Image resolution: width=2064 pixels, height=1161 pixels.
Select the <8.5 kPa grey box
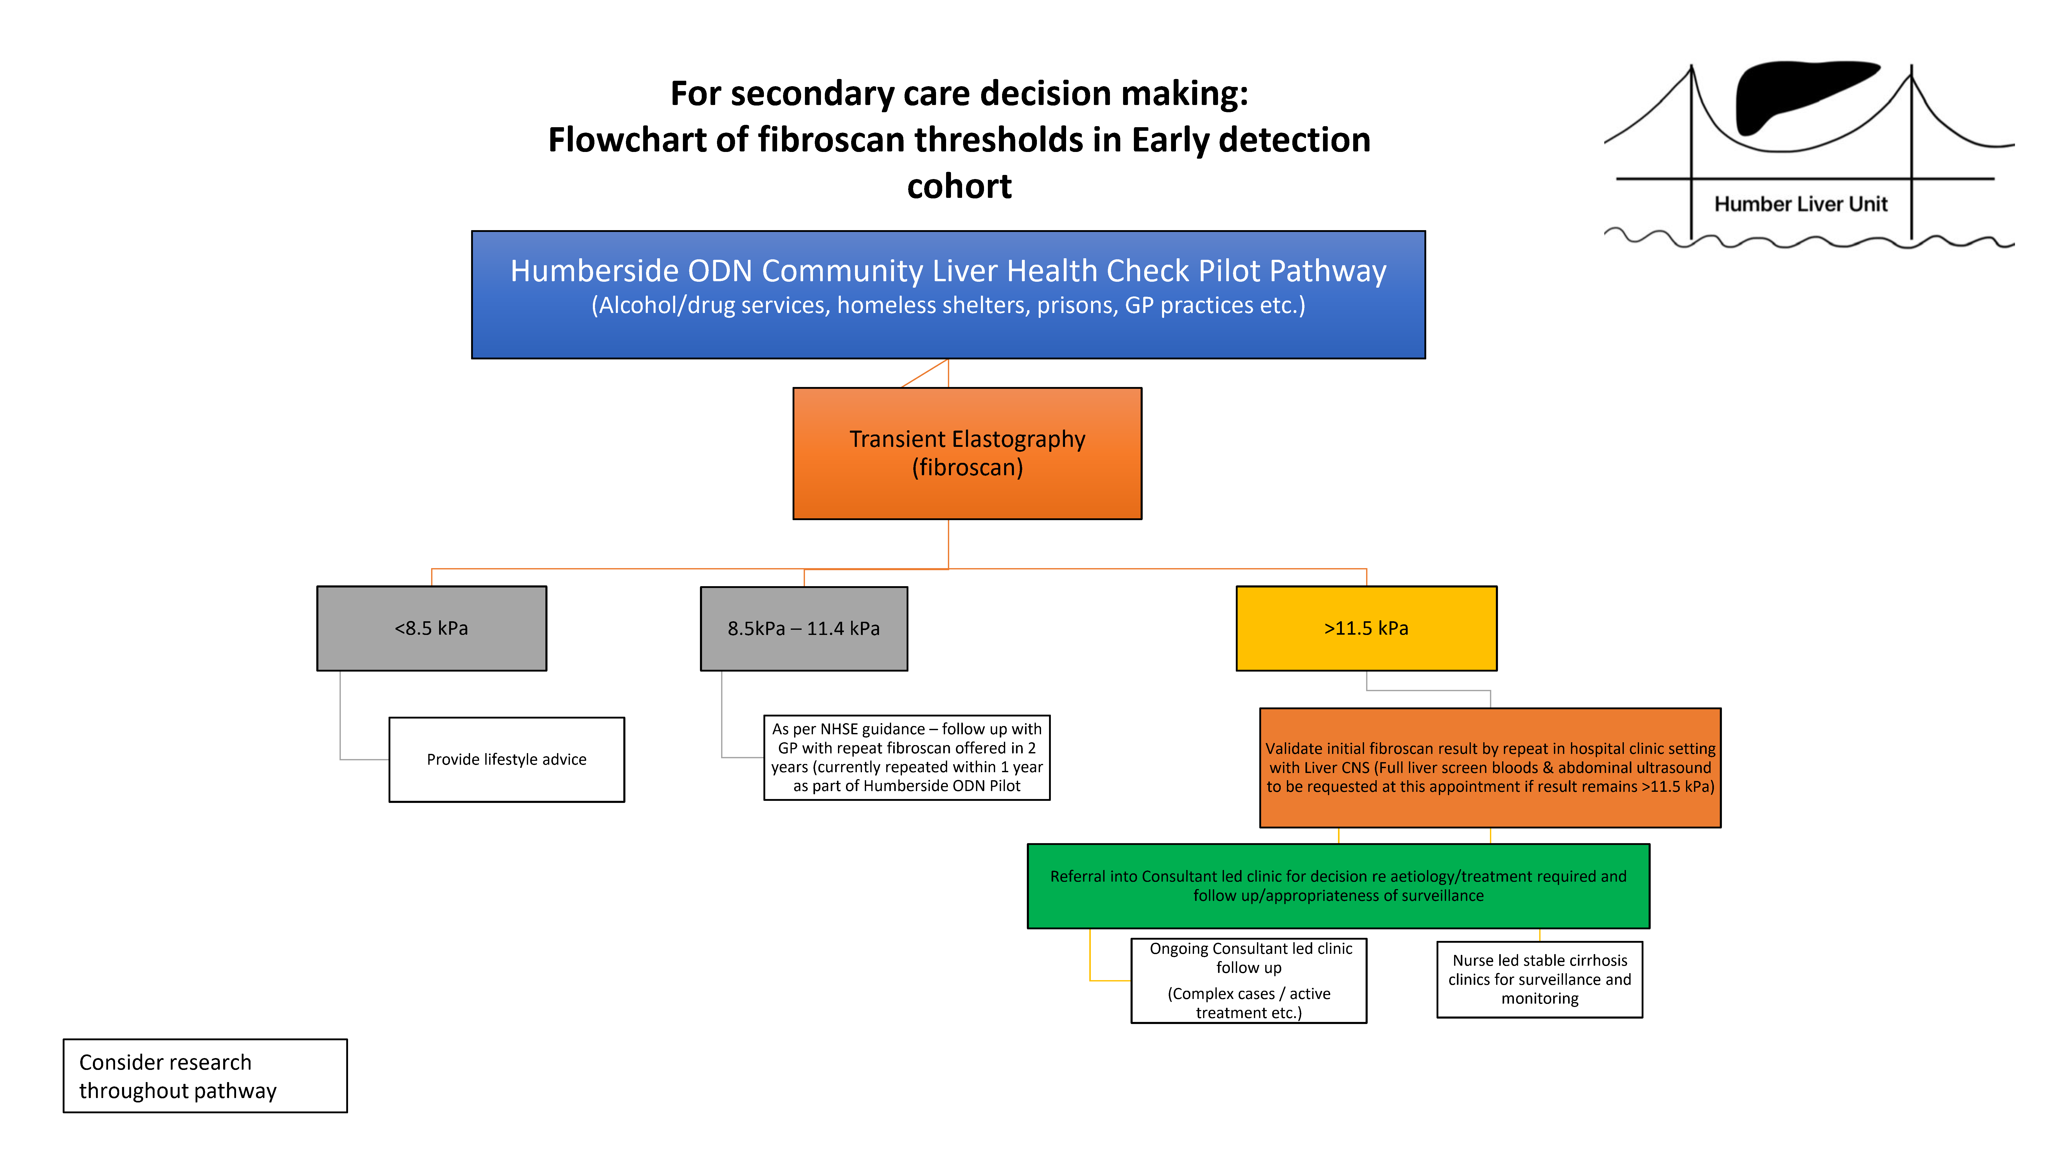click(431, 628)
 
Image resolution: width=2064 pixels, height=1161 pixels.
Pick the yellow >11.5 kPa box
click(1366, 628)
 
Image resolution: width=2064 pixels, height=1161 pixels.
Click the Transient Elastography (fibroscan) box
click(967, 454)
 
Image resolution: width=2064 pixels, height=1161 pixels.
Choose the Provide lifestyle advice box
click(506, 760)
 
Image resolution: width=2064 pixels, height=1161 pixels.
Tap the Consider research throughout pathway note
click(205, 1076)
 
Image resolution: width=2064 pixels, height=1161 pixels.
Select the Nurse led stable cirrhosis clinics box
click(1539, 979)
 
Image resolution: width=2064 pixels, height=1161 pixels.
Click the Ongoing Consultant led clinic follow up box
click(1248, 981)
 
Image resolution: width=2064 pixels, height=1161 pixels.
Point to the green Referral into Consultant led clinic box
click(1338, 886)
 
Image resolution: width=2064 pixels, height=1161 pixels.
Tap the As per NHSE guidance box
click(906, 757)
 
